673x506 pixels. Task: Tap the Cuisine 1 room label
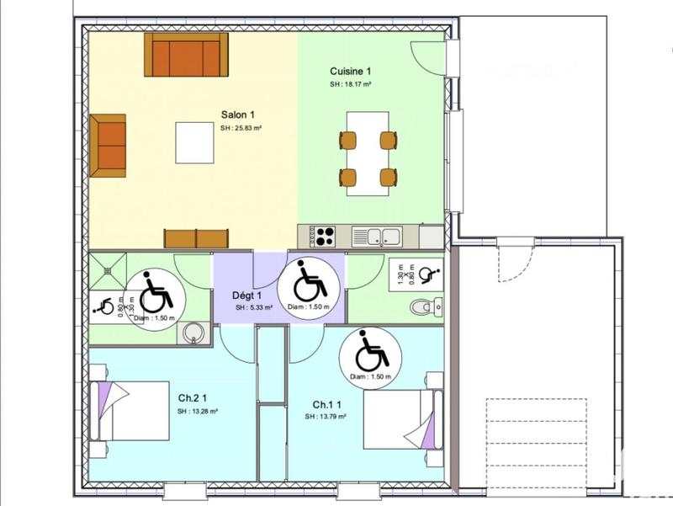(350, 72)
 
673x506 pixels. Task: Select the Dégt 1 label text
(247, 296)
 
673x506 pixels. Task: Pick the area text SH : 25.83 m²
(242, 129)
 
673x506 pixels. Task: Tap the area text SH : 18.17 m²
(350, 85)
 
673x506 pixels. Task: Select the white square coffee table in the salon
(194, 142)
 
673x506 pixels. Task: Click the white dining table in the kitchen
(368, 154)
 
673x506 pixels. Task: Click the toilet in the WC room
(425, 309)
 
